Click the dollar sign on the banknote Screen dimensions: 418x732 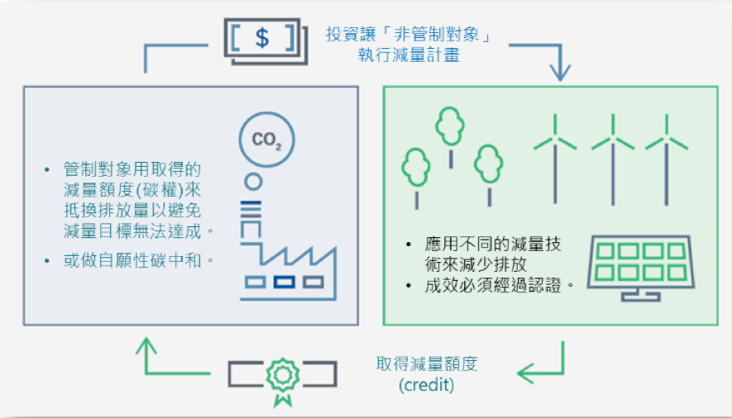click(x=261, y=38)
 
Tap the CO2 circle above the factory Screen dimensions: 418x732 click(x=267, y=140)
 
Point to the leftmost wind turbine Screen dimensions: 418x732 click(x=555, y=149)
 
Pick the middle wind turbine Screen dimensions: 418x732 click(x=613, y=149)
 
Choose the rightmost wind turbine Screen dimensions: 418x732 click(x=667, y=149)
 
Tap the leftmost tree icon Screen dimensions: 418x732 click(x=416, y=169)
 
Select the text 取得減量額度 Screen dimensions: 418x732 click(x=427, y=364)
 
